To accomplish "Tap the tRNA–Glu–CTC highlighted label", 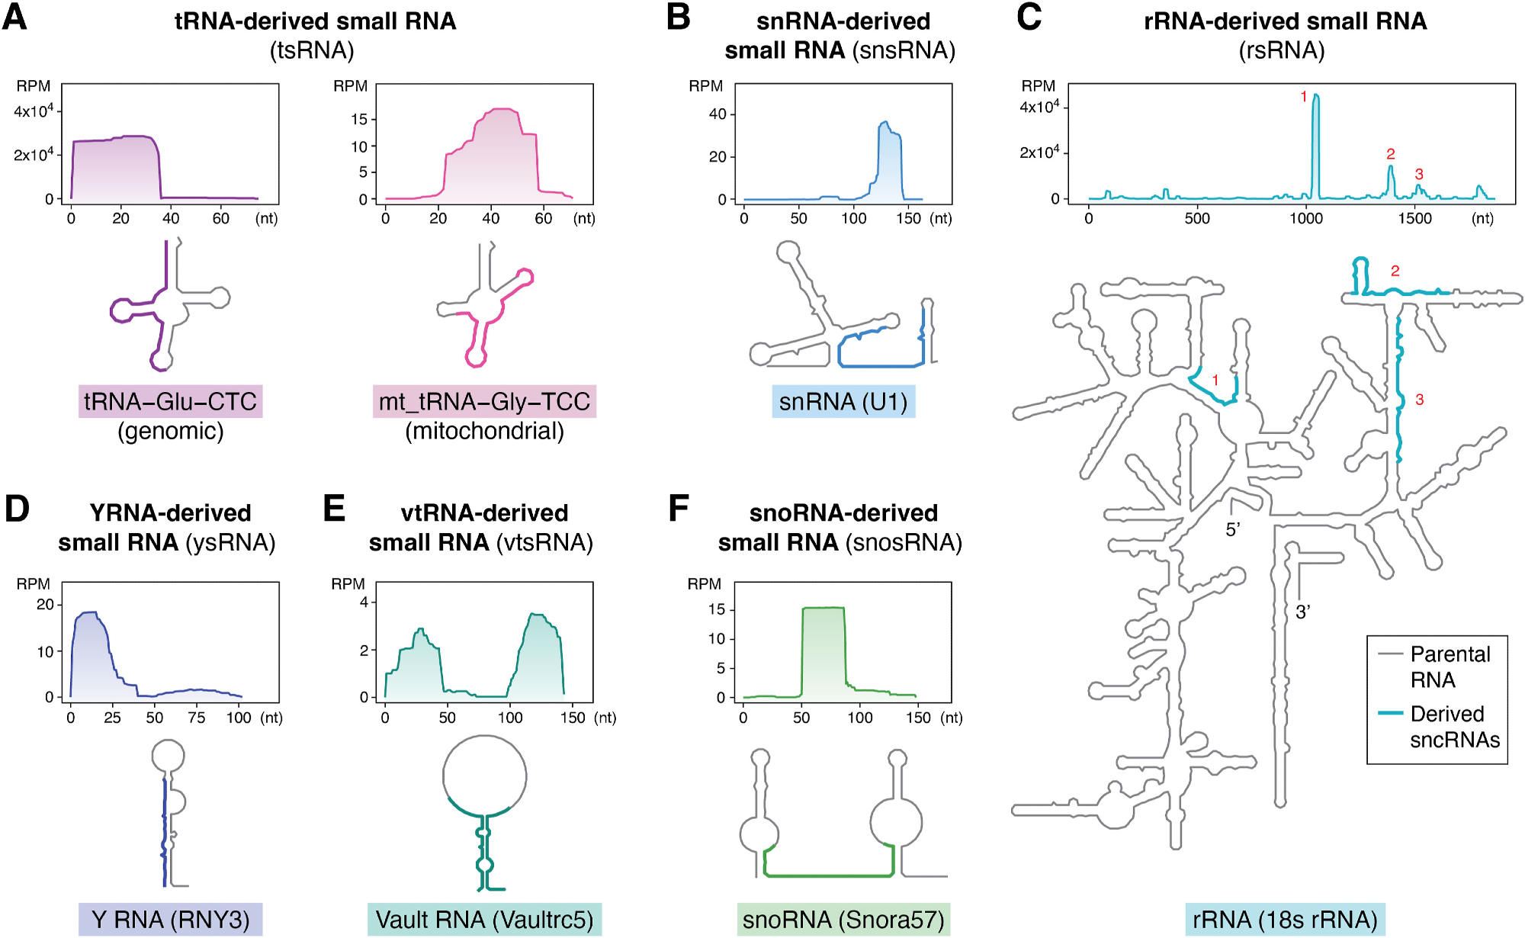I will [x=170, y=401].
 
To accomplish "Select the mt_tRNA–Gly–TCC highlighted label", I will [x=484, y=401].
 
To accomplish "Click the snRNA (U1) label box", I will [x=843, y=401].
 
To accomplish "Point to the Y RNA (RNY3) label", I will [x=170, y=920].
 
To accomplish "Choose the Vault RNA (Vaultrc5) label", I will [x=484, y=920].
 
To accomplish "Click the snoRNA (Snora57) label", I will [x=843, y=920].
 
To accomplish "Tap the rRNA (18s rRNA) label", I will [x=1285, y=920].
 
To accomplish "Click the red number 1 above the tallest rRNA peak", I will [x=1304, y=97].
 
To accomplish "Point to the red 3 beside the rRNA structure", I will [x=1420, y=400].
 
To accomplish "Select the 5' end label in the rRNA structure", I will [x=1233, y=530].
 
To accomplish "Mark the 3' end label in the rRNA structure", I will [x=1303, y=612].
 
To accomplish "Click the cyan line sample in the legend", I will [x=1391, y=713].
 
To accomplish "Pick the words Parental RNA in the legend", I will [x=1450, y=667].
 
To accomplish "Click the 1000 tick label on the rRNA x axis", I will [x=1306, y=219].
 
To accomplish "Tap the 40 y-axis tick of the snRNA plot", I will [x=718, y=114].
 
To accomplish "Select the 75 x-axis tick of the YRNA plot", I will [x=197, y=718].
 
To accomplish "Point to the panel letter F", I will [x=679, y=509].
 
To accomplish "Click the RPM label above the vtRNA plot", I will [x=348, y=584].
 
